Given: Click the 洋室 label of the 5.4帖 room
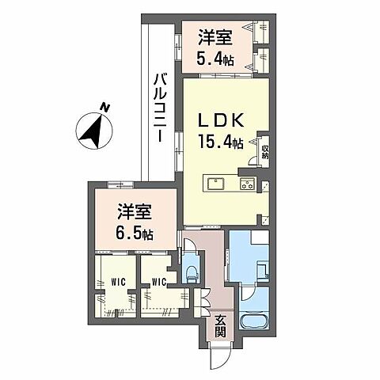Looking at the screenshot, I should [215, 36].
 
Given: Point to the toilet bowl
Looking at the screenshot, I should [189, 273].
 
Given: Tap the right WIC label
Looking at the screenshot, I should [158, 280].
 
